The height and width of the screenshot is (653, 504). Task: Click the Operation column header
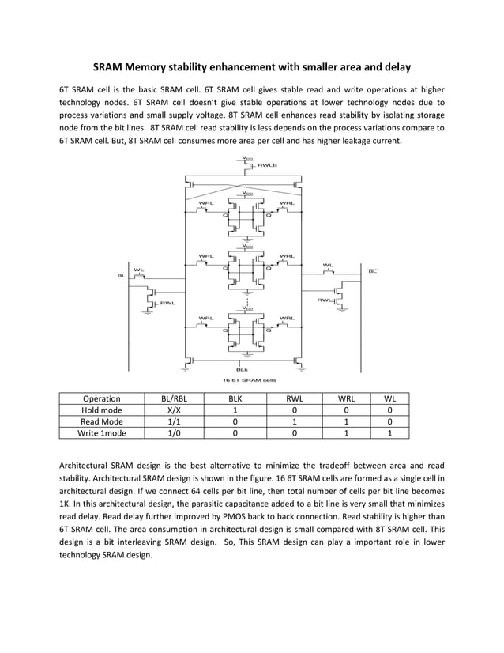click(102, 398)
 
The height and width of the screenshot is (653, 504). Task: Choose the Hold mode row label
click(102, 410)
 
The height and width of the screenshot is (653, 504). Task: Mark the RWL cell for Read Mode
click(294, 421)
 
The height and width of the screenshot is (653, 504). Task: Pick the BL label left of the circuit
click(121, 276)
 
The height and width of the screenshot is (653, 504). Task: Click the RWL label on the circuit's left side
click(167, 303)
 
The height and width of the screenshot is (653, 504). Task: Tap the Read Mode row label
click(102, 421)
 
